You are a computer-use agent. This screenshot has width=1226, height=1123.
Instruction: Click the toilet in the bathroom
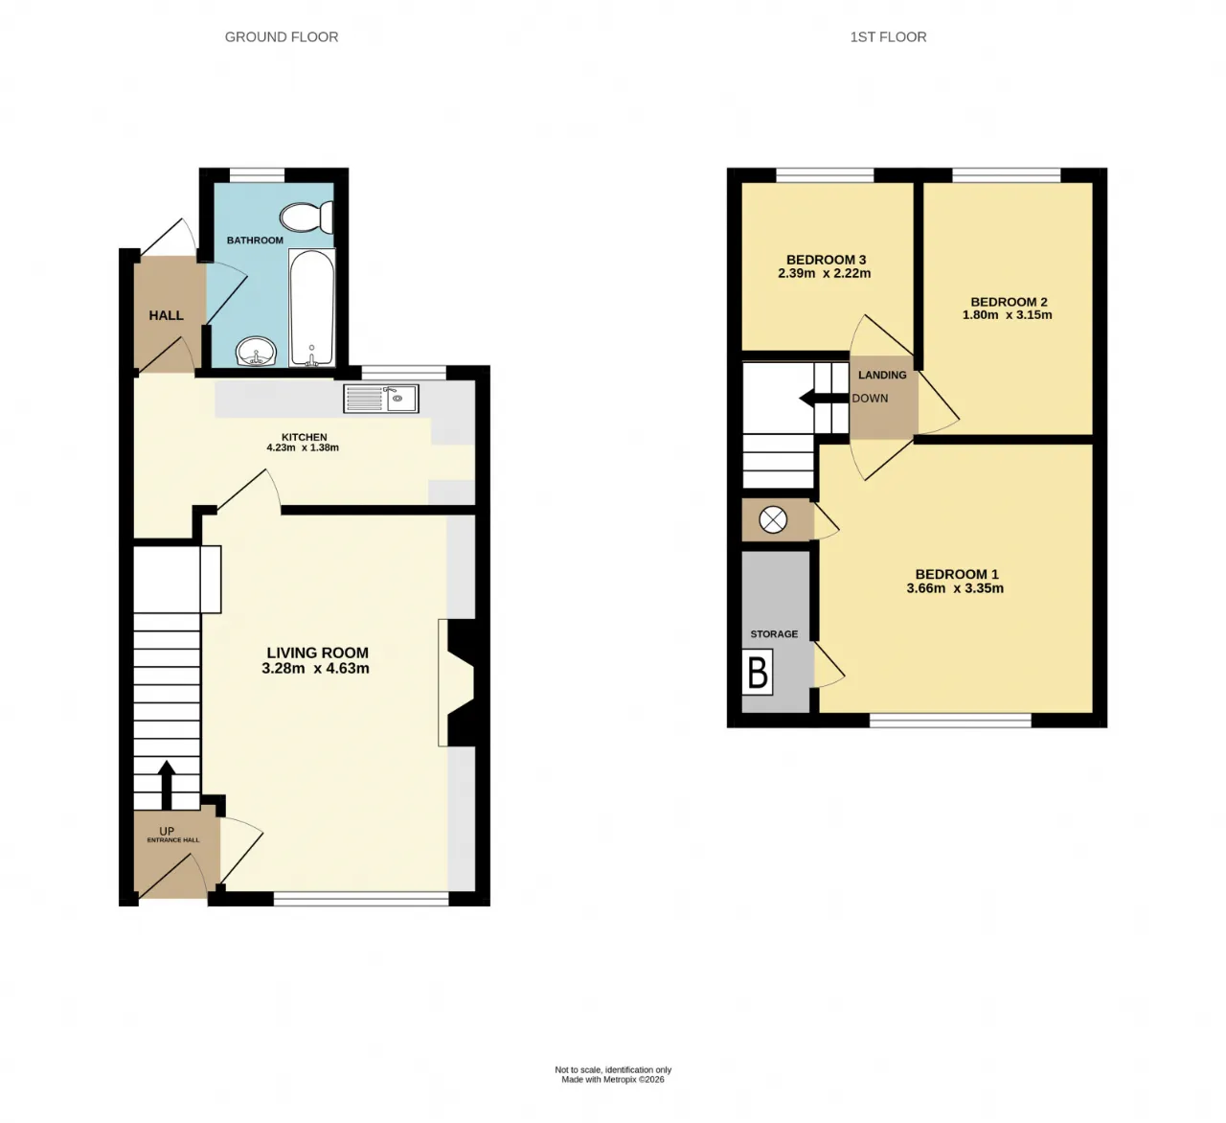pyautogui.click(x=306, y=218)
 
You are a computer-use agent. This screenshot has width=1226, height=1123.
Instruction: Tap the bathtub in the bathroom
pyautogui.click(x=311, y=308)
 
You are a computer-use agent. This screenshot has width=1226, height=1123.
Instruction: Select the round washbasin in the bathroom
pyautogui.click(x=256, y=351)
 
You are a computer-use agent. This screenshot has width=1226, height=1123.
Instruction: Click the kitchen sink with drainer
pyautogui.click(x=381, y=399)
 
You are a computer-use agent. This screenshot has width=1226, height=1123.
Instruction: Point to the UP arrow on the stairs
pyautogui.click(x=167, y=785)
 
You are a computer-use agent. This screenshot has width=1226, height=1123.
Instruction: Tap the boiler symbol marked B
pyautogui.click(x=758, y=673)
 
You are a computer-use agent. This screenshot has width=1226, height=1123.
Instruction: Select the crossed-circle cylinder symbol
pyautogui.click(x=773, y=520)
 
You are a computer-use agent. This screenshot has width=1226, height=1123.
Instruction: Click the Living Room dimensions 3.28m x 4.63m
pyautogui.click(x=315, y=669)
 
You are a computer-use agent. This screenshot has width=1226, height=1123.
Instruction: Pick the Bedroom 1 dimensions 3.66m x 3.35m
pyautogui.click(x=955, y=588)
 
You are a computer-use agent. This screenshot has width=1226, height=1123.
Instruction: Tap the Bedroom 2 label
pyautogui.click(x=1009, y=302)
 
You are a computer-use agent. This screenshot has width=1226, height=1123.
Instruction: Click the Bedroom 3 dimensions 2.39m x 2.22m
pyautogui.click(x=825, y=273)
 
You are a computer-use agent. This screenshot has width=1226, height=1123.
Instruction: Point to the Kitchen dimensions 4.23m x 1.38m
pyautogui.click(x=303, y=447)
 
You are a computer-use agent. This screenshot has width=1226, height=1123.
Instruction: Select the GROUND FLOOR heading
pyautogui.click(x=282, y=37)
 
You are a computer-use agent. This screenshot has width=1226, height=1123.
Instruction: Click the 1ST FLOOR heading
pyautogui.click(x=888, y=37)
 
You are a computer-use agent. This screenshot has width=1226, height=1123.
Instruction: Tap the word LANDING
pyautogui.click(x=882, y=375)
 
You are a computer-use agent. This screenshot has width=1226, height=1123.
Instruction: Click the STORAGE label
pyautogui.click(x=774, y=634)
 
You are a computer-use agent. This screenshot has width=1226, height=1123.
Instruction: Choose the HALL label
pyautogui.click(x=167, y=315)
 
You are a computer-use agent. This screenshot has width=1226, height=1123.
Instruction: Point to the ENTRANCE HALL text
pyautogui.click(x=173, y=840)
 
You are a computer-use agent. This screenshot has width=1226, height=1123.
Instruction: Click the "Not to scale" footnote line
pyautogui.click(x=613, y=1069)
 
